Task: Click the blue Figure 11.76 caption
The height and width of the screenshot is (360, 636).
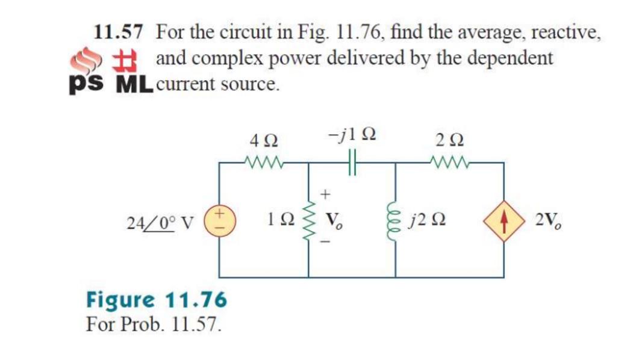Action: tap(157, 299)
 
